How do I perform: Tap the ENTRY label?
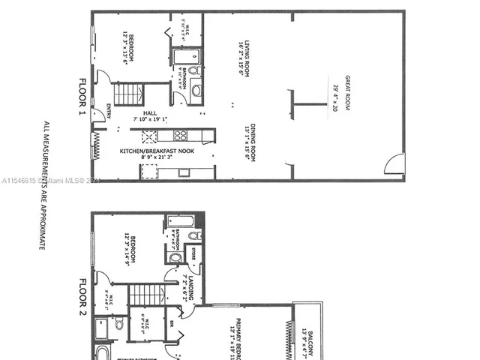click(109, 110)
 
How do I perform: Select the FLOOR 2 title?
click(83, 297)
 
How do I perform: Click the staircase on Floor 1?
click(129, 94)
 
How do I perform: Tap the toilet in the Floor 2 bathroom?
click(193, 235)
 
